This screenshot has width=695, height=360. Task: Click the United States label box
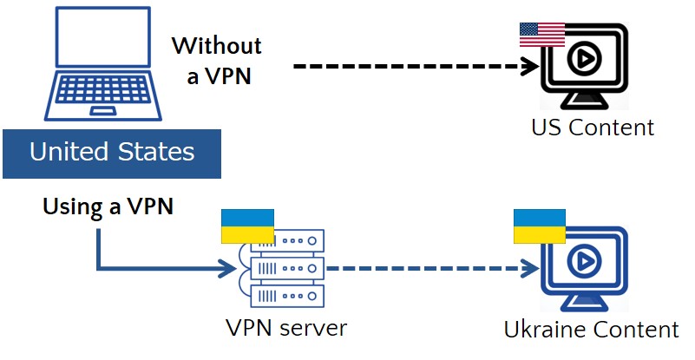[x=111, y=154]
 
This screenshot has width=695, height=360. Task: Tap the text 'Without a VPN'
[x=216, y=60]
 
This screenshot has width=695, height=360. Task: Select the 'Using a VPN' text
[x=108, y=206]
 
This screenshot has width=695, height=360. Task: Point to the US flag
[x=541, y=35]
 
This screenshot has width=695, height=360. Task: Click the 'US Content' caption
[x=592, y=128]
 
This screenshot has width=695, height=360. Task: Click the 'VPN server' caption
[x=285, y=328]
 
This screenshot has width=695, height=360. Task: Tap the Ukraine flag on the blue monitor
[x=540, y=226]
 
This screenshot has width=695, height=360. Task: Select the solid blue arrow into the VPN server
[x=156, y=266]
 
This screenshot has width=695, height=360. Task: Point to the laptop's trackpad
[x=106, y=111]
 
